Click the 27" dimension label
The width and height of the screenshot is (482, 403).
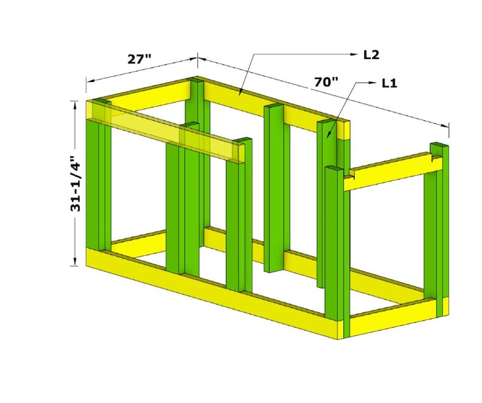[x=140, y=59]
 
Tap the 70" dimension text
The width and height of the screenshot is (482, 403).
[x=326, y=82]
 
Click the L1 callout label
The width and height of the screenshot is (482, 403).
[x=389, y=83]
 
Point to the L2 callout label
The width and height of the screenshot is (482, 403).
[x=371, y=55]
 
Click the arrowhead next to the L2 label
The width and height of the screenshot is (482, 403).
[x=356, y=55]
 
